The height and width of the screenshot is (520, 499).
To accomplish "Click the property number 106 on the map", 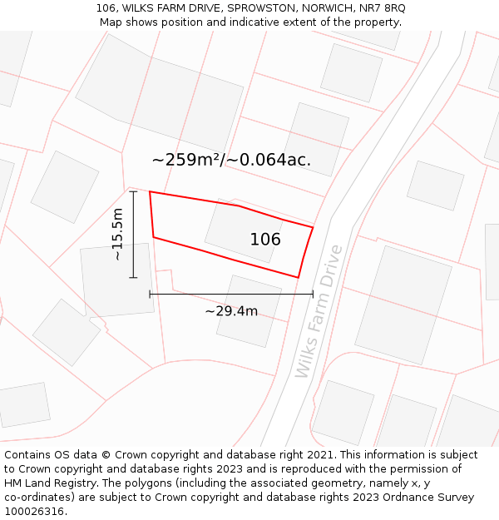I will click(x=265, y=240).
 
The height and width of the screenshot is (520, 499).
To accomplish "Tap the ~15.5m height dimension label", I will click(x=117, y=235).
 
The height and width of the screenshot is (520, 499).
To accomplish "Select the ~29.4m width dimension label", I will click(x=231, y=311).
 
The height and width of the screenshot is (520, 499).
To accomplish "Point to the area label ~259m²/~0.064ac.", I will click(x=231, y=160).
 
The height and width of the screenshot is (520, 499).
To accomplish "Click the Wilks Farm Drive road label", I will click(x=319, y=311).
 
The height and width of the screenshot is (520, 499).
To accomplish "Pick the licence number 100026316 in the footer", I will click(x=32, y=512).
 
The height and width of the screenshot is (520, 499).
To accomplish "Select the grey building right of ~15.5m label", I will click(x=117, y=280).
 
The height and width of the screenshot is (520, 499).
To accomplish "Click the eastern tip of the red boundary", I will click(x=313, y=227).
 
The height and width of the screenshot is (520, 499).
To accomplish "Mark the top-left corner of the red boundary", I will click(x=150, y=192).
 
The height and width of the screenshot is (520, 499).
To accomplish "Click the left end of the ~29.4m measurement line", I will click(x=150, y=294).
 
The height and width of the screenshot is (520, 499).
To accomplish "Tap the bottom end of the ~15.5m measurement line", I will click(x=133, y=277).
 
